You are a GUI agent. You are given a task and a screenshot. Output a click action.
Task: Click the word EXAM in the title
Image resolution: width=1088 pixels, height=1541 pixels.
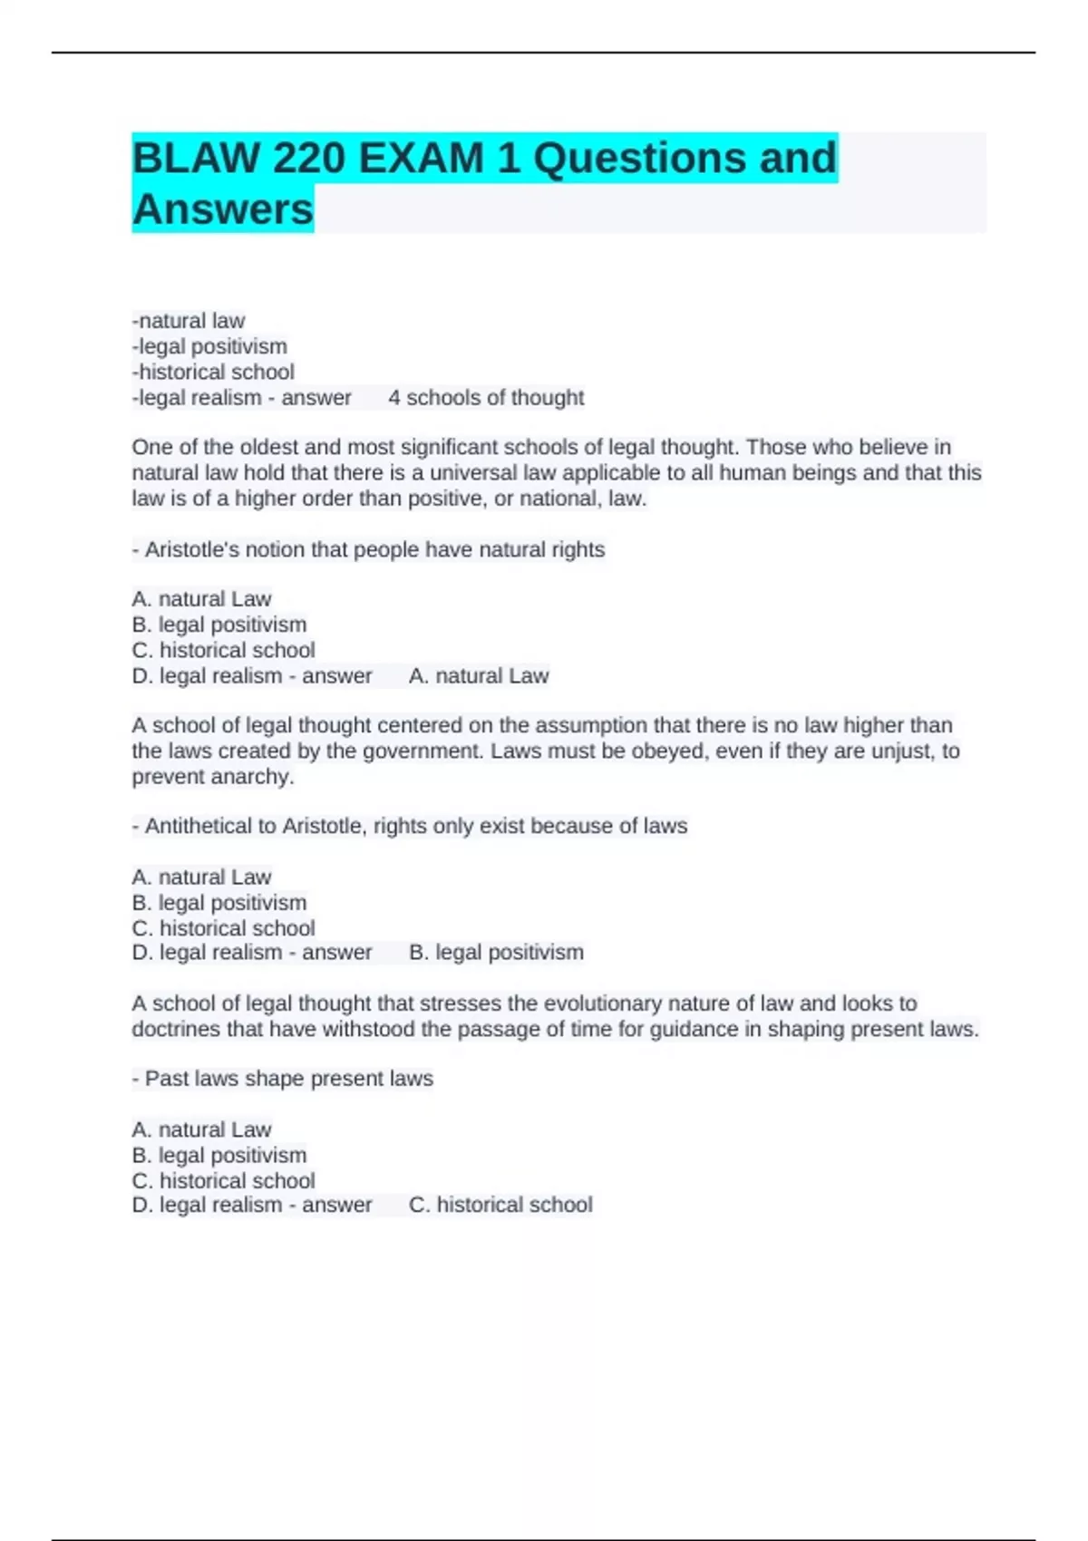click(422, 159)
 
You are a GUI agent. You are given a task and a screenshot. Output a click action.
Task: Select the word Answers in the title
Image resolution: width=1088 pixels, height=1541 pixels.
click(223, 209)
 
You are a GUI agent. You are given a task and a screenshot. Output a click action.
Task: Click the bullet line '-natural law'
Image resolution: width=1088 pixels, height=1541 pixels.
click(189, 321)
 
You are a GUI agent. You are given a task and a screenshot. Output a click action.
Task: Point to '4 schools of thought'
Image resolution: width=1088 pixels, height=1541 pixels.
click(486, 398)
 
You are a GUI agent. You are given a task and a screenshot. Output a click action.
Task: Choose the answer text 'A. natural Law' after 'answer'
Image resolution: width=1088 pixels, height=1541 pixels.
click(479, 676)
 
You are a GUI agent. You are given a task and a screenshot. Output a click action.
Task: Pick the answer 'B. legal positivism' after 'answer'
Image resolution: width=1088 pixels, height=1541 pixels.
click(496, 953)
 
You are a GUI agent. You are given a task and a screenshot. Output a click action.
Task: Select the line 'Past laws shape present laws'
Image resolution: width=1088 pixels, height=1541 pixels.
click(288, 1079)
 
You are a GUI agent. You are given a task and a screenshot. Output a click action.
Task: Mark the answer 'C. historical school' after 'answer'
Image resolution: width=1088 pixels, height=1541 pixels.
click(500, 1205)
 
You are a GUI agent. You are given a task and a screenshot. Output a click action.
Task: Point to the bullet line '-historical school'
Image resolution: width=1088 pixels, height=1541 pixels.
click(213, 373)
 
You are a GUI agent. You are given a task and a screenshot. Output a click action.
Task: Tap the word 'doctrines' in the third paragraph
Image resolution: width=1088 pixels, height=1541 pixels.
click(176, 1030)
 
